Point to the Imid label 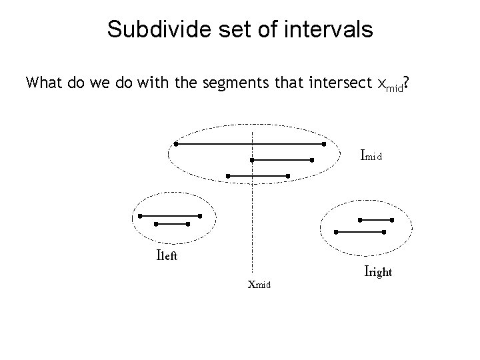371,157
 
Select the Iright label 378,271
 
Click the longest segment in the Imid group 250,143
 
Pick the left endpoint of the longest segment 176,143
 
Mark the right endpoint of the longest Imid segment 324,143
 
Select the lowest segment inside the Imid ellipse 257,176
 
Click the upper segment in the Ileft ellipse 170,215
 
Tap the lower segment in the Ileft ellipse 171,224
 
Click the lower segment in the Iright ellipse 361,232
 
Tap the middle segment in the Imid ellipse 282,160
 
